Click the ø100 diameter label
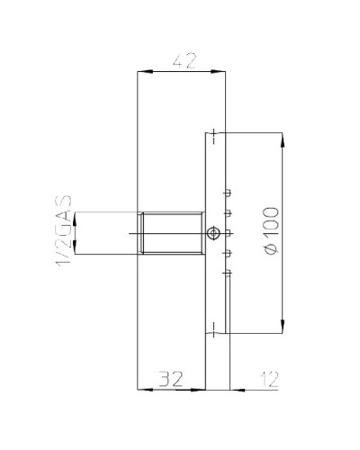[x=272, y=233]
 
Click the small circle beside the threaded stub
[x=211, y=234]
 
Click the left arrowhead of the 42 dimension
[x=140, y=71]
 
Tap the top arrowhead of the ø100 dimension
[x=283, y=139]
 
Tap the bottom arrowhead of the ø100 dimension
[x=283, y=328]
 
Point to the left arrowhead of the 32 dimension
[x=141, y=389]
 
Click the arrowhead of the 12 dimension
[x=236, y=389]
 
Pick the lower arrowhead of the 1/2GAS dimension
[x=76, y=251]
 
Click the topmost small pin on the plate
[x=229, y=192]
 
